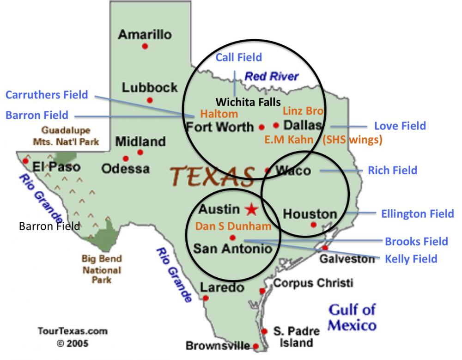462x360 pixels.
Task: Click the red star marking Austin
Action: [251, 209]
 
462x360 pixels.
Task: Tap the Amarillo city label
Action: [145, 34]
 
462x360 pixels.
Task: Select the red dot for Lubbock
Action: [149, 100]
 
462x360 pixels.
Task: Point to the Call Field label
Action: [239, 57]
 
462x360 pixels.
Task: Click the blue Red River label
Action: [272, 77]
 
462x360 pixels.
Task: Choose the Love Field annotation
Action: [400, 126]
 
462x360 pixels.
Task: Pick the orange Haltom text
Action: [219, 114]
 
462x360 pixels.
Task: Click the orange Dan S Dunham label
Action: [233, 226]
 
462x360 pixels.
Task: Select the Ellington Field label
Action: [417, 214]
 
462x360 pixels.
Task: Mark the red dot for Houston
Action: [314, 225]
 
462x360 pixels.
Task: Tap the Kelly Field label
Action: [411, 258]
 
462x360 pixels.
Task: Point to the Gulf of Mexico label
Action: [352, 317]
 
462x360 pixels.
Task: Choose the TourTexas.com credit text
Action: [72, 331]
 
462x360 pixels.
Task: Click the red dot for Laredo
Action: [206, 298]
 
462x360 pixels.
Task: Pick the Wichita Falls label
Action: [249, 101]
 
